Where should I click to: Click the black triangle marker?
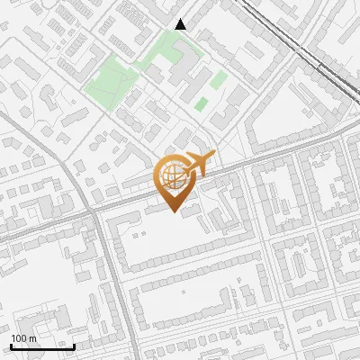click(181, 24)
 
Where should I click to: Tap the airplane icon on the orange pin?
click(196, 166)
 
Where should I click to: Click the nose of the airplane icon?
click(211, 157)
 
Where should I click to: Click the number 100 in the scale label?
click(19, 338)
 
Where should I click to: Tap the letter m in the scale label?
click(32, 338)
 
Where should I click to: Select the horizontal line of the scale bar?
click(42, 346)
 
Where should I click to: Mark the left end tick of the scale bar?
click(12, 345)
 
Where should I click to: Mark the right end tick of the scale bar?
click(74, 345)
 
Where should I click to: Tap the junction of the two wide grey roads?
click(94, 213)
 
